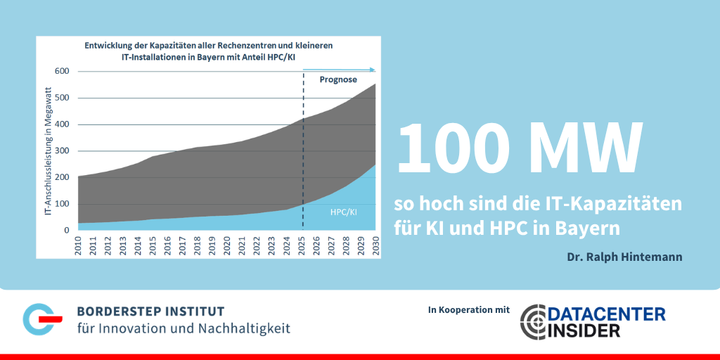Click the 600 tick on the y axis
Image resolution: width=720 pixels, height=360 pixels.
tap(63, 71)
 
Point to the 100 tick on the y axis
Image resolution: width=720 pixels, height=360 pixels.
tap(63, 204)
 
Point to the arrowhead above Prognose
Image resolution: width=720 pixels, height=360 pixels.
tap(373, 70)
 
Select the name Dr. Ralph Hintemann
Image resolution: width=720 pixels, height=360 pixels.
tap(624, 257)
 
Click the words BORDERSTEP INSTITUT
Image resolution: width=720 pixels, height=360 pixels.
tap(150, 311)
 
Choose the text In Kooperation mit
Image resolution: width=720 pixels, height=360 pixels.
tap(468, 310)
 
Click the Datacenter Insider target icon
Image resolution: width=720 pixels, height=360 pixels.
tap(536, 321)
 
